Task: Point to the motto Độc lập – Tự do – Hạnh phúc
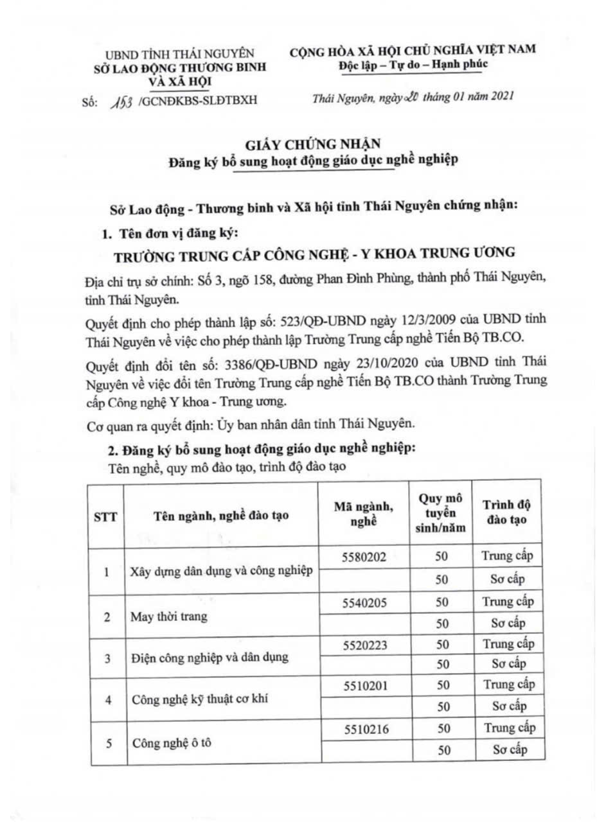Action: [413, 64]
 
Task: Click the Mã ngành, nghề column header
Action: [364, 514]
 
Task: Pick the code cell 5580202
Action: [364, 557]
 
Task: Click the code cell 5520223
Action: [364, 645]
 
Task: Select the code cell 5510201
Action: [364, 686]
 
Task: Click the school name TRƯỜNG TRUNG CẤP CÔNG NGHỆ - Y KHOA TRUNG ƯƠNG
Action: [314, 254]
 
